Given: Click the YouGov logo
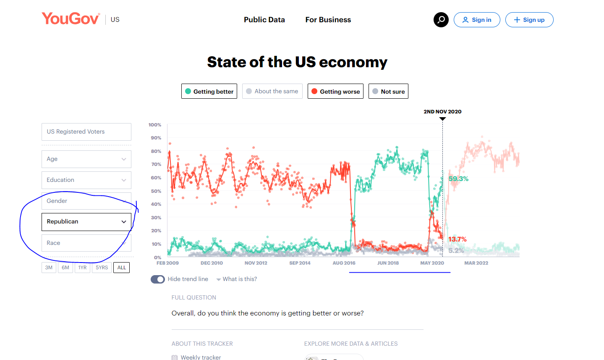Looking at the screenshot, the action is pyautogui.click(x=71, y=19).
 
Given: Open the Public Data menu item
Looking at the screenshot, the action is pyautogui.click(x=264, y=20).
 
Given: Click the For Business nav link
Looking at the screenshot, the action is pyautogui.click(x=328, y=20).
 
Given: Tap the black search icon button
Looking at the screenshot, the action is pyautogui.click(x=441, y=20).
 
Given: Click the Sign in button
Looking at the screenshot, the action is pyautogui.click(x=477, y=20).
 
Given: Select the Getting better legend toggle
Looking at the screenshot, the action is pyautogui.click(x=209, y=91).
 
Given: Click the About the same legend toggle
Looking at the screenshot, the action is pyautogui.click(x=272, y=91).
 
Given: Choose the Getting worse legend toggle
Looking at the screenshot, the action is pyautogui.click(x=335, y=91).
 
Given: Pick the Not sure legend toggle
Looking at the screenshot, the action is pyautogui.click(x=388, y=91).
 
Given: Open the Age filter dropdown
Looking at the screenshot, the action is pyautogui.click(x=86, y=159).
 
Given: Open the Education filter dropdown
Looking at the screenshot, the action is pyautogui.click(x=86, y=180).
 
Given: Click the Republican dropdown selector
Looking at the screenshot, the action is pyautogui.click(x=86, y=222).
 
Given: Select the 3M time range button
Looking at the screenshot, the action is pyautogui.click(x=49, y=268).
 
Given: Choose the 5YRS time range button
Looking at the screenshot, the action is pyautogui.click(x=102, y=268).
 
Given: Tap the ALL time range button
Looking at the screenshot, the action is pyautogui.click(x=121, y=268).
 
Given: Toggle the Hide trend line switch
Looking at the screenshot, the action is pyautogui.click(x=158, y=279).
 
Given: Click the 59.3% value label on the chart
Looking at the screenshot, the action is pyautogui.click(x=458, y=179).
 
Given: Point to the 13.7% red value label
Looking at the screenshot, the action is pyautogui.click(x=458, y=239).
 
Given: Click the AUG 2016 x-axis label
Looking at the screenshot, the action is pyautogui.click(x=344, y=263).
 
